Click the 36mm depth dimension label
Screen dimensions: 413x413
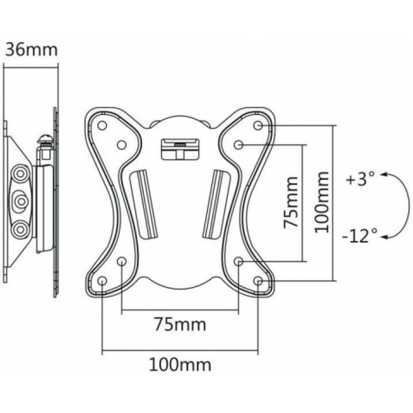32,50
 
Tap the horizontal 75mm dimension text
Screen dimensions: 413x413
180,324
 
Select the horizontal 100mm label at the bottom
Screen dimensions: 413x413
180,365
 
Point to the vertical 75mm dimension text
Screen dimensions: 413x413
290,202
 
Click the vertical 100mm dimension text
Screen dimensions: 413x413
322,202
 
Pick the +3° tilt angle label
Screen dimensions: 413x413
361,179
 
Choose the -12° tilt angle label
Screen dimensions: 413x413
359,235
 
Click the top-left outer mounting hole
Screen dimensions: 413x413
102,125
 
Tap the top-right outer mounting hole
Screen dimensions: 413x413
258,125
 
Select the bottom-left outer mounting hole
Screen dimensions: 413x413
102,281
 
